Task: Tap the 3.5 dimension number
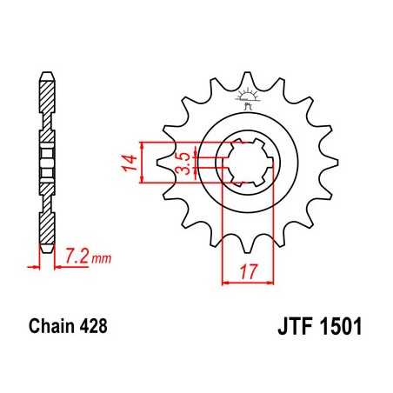point(183,163)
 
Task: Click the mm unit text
point(100,257)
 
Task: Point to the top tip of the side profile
point(45,71)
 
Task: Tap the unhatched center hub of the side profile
point(45,160)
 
